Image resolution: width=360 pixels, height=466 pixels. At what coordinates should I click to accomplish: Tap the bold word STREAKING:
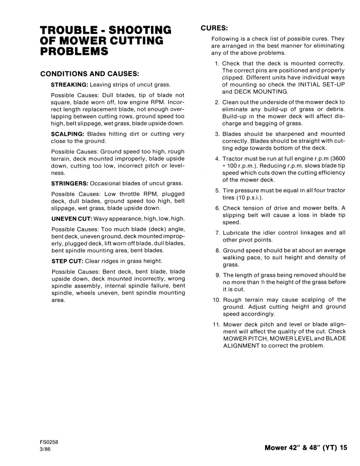click(70, 84)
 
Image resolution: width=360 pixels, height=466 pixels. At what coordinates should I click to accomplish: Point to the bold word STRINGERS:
click(70, 184)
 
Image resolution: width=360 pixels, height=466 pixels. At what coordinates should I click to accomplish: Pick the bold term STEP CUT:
click(65, 261)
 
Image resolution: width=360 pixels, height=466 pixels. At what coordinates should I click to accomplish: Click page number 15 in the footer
click(344, 447)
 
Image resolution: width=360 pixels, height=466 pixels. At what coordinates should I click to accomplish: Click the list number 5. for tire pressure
click(217, 191)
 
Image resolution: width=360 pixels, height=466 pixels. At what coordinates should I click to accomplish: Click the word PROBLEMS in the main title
click(75, 51)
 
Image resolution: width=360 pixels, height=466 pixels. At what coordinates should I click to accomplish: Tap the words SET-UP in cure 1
click(334, 85)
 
